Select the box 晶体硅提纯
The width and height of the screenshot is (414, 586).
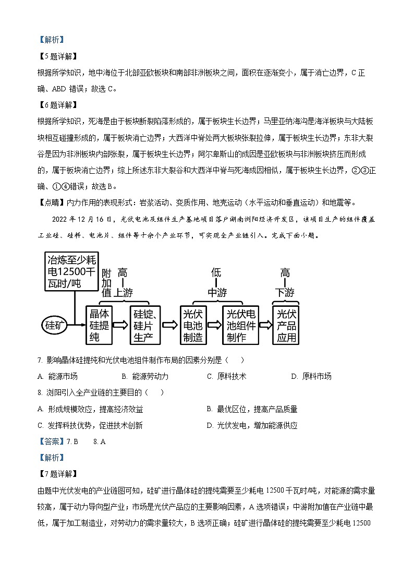click(99, 325)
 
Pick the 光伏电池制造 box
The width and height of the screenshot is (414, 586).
click(193, 325)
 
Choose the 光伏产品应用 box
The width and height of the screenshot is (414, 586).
click(286, 325)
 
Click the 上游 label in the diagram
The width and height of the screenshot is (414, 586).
click(123, 293)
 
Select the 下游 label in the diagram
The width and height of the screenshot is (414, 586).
click(285, 293)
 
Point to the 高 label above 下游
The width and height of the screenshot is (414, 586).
click(285, 272)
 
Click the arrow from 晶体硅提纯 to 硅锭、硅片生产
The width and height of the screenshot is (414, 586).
click(121, 325)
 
